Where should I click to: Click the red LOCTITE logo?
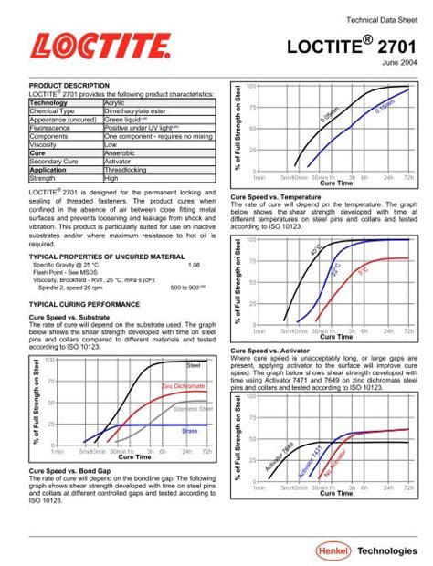coord(98,47)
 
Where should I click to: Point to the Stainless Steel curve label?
coord(191,408)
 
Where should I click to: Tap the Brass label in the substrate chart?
coord(189,429)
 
